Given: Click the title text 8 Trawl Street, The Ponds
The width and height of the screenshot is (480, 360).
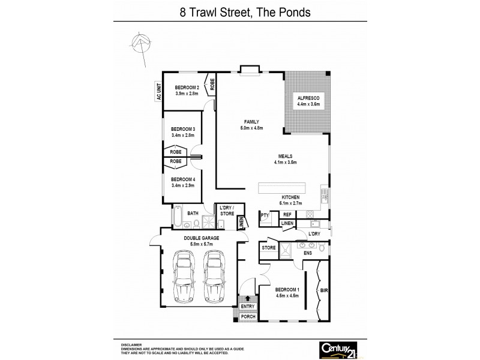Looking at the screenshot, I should tap(240, 11).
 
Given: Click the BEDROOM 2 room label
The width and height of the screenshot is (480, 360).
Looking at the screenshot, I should tap(187, 87).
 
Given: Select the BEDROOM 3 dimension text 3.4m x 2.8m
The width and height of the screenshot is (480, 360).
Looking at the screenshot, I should tap(183, 136).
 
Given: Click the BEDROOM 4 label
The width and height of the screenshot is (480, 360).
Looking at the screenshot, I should tap(183, 179).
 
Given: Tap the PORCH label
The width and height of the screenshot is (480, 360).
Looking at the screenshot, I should tap(248, 316).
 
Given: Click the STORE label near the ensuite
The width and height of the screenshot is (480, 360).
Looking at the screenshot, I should tap(269, 247).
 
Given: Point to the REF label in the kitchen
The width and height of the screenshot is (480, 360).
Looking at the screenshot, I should tap(287, 214).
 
